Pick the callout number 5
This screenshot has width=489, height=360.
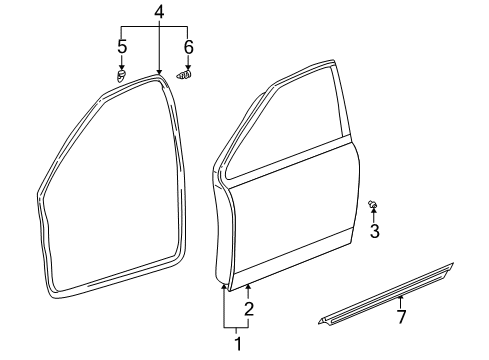click(x=122, y=46)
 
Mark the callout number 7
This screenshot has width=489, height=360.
click(x=402, y=317)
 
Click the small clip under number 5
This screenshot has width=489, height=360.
click(x=121, y=75)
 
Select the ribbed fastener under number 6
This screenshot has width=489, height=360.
click(x=184, y=73)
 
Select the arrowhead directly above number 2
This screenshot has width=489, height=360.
click(x=247, y=288)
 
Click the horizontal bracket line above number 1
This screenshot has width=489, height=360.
click(x=236, y=327)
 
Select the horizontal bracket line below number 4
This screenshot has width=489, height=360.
click(x=155, y=28)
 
